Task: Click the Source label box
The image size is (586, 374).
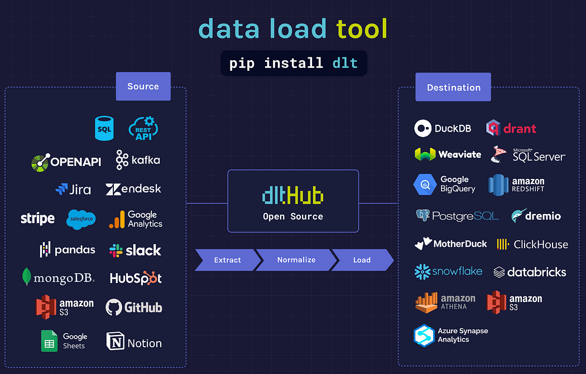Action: pos(143,86)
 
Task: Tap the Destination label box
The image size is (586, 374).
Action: pos(453,88)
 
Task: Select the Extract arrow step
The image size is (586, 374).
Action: pos(227,260)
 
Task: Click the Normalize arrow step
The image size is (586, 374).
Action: pos(296,260)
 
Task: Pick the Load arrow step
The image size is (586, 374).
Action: pos(362,260)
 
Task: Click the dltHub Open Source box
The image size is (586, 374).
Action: pos(293,201)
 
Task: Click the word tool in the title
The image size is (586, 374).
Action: pos(361,28)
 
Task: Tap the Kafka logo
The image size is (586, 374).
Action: pos(138,160)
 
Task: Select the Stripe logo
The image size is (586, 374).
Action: pos(37,218)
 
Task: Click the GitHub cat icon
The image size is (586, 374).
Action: pos(113,307)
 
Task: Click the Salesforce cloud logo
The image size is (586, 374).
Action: pos(81,220)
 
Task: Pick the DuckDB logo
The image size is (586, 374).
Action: pos(443,129)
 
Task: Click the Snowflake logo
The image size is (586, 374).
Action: pos(448,271)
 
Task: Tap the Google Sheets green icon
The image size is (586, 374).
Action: pos(50,341)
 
